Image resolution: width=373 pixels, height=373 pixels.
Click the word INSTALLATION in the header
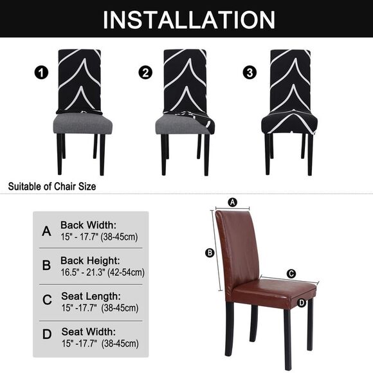(x=186, y=19)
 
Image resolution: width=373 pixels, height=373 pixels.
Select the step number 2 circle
(x=145, y=73)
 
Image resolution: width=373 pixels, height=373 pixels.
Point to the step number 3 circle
(x=249, y=73)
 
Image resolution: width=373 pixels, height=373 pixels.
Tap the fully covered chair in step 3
(x=288, y=103)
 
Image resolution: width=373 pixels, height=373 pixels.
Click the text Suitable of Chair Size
(x=51, y=186)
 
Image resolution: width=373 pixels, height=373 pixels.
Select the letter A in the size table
(x=46, y=231)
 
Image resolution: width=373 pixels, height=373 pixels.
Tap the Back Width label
(x=89, y=225)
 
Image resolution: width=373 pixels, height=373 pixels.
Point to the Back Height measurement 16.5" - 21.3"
(x=102, y=272)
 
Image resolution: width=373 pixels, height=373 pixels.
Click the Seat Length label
(x=90, y=296)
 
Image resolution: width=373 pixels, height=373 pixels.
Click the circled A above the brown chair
(x=233, y=202)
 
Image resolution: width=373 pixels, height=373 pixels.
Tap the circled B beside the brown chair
(x=209, y=253)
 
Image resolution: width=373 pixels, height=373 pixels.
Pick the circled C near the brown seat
(x=291, y=273)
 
